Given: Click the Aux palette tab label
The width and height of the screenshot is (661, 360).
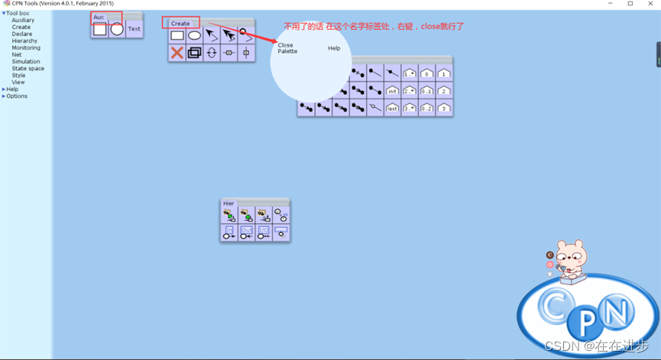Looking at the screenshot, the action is tap(99, 17).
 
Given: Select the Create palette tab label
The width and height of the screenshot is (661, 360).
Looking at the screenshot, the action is tap(180, 24).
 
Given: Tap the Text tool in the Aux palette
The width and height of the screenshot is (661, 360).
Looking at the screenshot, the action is tap(134, 29).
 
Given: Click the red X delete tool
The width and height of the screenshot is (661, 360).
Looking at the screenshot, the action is tap(177, 53).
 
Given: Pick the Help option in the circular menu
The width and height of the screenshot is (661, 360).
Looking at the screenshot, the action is tap(334, 48).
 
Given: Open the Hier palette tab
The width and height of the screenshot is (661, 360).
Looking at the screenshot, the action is tap(228, 203).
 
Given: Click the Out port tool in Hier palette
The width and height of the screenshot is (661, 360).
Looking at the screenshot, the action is tap(246, 232).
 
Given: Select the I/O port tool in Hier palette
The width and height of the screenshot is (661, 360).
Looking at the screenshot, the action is tap(264, 232).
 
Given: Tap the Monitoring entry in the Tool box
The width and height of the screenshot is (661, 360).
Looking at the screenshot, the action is tap(26, 47).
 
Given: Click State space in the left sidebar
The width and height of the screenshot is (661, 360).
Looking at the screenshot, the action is tap(28, 69).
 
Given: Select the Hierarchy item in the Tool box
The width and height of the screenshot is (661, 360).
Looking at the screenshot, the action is tap(24, 41).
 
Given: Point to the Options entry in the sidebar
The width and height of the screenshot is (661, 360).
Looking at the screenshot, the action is tap(17, 96).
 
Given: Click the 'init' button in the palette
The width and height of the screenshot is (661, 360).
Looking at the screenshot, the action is tap(392, 91).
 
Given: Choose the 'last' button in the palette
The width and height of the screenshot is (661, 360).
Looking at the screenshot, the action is tap(392, 109).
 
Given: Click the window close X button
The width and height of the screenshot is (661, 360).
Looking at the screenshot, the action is tap(650, 4).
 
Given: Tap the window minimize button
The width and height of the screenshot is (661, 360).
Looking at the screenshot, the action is tap(610, 4).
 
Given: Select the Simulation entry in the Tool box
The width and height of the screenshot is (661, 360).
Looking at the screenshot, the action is tap(26, 62).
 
